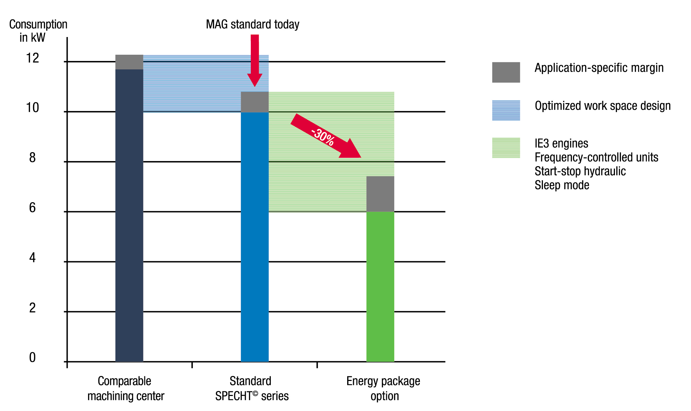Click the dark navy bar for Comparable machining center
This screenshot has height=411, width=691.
(129, 217)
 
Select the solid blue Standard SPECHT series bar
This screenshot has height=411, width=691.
(254, 237)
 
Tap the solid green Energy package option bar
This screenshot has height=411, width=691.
(380, 287)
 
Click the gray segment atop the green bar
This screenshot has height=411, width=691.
(380, 194)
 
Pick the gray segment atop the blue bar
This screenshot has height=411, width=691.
(254, 102)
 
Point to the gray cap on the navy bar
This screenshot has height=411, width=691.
(129, 62)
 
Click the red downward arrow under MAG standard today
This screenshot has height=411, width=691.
(255, 60)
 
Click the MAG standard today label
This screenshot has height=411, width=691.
(252, 24)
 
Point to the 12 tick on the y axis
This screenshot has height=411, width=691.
(33, 58)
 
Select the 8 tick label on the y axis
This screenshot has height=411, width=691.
(32, 158)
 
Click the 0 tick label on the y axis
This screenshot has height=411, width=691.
(32, 358)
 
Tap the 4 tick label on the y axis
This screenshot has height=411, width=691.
(32, 258)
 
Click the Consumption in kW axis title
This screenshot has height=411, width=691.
(38, 31)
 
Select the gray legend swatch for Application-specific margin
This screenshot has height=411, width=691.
(506, 72)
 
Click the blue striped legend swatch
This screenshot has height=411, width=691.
(506, 110)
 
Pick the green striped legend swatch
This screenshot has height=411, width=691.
(506, 148)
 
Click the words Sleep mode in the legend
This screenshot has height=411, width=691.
(562, 185)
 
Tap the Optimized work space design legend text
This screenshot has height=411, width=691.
(602, 106)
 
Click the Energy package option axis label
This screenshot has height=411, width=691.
(383, 389)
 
